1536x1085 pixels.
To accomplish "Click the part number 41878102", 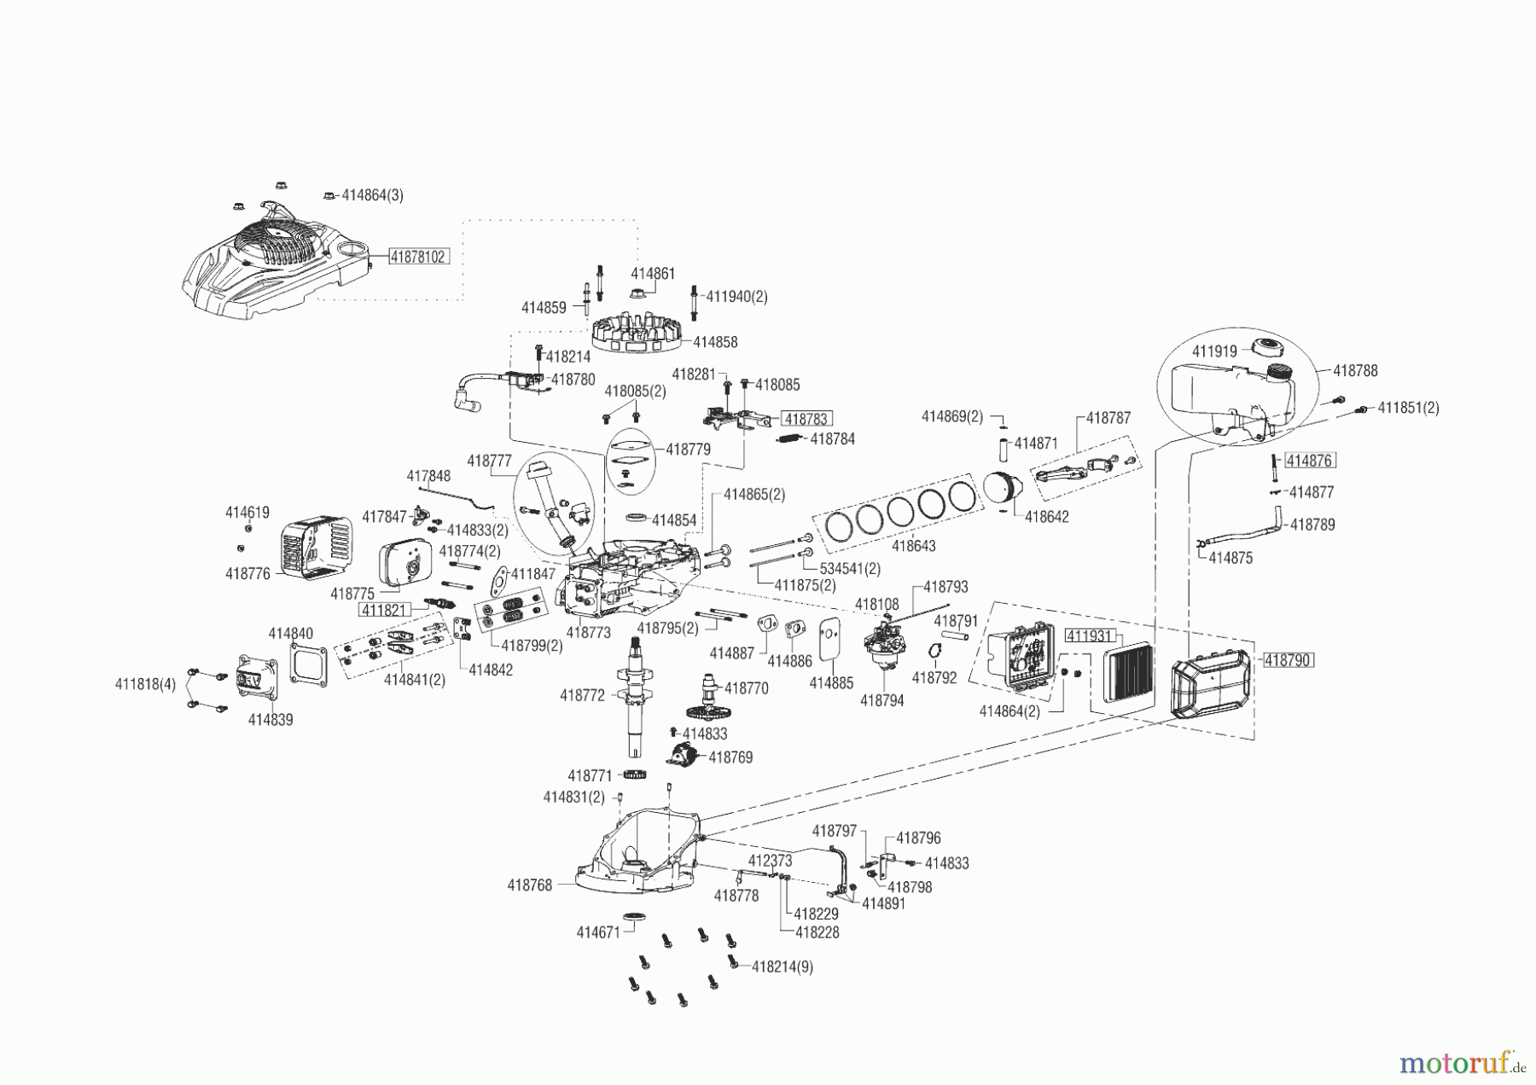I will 418,256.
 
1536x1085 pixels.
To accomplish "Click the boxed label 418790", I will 1288,660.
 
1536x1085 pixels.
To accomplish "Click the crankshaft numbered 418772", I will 636,695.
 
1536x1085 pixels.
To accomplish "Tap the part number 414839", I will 271,720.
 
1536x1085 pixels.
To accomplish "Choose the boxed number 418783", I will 806,419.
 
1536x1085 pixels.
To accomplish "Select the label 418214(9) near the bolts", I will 782,967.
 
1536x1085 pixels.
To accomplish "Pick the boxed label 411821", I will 385,610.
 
